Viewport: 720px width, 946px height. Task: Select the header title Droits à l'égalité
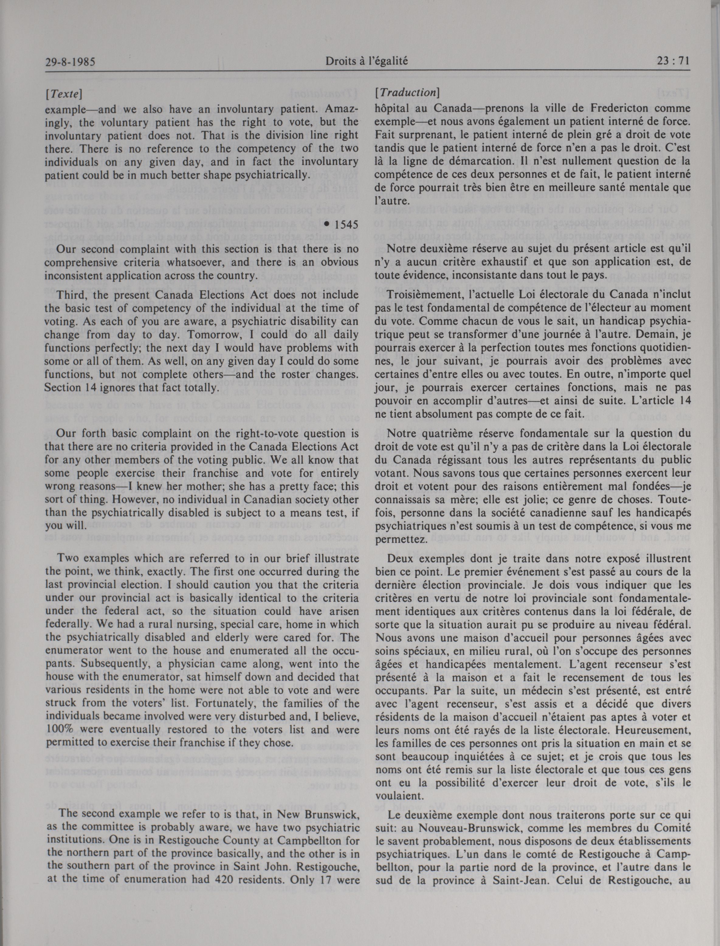367,61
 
